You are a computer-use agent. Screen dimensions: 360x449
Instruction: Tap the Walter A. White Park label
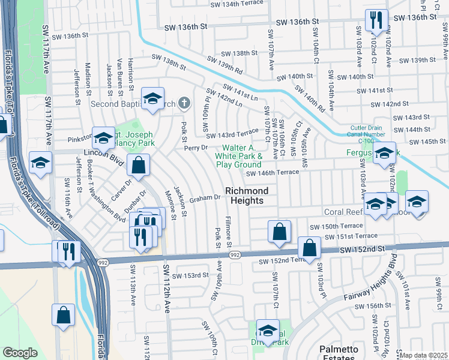pos(239,156)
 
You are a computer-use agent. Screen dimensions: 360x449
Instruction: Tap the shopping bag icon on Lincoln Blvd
pos(138,166)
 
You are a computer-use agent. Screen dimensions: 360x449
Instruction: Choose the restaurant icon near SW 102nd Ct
pos(376,20)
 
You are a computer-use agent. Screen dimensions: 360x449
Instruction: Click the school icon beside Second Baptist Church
pos(153,98)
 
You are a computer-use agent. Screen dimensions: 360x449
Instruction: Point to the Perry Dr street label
pos(196,147)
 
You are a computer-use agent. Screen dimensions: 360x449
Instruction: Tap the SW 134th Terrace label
pos(238,4)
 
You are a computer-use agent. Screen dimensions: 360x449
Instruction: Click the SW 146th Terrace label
pos(272,173)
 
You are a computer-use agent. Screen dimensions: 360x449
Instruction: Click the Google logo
pos(20,353)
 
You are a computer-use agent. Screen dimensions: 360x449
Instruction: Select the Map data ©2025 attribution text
pos(423,355)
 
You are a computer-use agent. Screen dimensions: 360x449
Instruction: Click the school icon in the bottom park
pos(268,331)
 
